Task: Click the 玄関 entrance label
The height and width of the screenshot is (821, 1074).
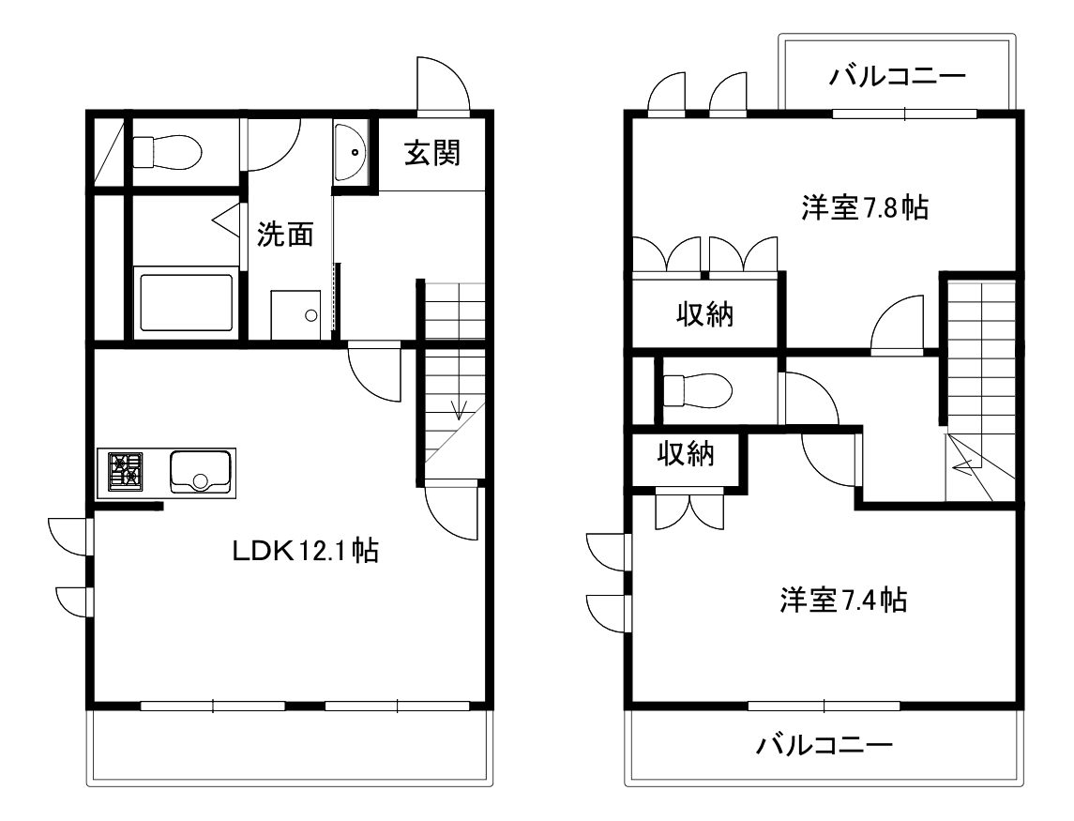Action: tap(432, 153)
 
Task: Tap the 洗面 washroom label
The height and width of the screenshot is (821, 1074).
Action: tap(285, 235)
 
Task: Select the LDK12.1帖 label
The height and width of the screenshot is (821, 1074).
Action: tap(306, 550)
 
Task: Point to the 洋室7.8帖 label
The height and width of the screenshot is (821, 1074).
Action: tap(865, 207)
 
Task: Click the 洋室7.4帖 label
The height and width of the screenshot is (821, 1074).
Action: tap(843, 600)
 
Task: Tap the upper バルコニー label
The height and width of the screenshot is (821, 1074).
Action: tap(898, 75)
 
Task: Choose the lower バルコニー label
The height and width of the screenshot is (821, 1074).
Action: tap(824, 744)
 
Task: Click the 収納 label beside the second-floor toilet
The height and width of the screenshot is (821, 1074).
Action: tap(686, 454)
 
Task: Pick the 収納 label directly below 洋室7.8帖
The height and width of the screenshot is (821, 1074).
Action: tap(704, 314)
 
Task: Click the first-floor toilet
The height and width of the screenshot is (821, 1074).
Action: tap(166, 151)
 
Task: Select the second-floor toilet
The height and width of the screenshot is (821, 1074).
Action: tap(698, 390)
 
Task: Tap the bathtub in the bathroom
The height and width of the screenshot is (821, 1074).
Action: tap(187, 302)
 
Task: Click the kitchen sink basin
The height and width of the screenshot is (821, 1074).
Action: tap(199, 472)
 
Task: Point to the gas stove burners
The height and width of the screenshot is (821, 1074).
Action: tap(125, 472)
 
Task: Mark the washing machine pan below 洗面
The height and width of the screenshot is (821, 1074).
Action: tap(295, 314)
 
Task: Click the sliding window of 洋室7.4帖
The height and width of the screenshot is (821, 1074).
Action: tap(824, 706)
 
